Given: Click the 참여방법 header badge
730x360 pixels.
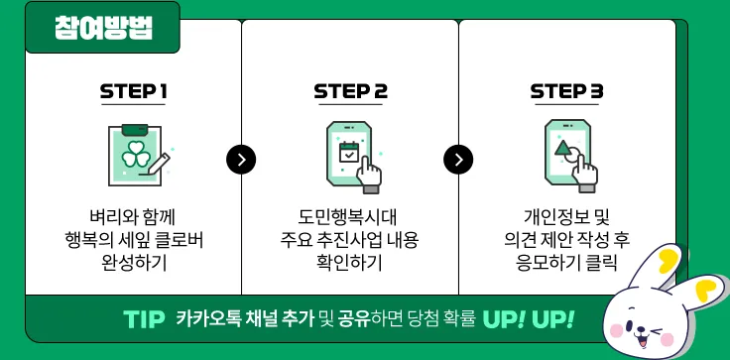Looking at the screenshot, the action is click(102, 28).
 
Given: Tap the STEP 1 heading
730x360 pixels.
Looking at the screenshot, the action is click(133, 92).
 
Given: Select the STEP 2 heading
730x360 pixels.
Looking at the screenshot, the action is click(350, 92).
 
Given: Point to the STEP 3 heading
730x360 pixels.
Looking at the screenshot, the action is click(566, 92).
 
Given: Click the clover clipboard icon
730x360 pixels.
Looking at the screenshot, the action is click(135, 155).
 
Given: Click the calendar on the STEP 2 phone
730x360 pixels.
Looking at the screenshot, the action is click(349, 153).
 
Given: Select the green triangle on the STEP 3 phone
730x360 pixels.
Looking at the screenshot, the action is click(563, 149).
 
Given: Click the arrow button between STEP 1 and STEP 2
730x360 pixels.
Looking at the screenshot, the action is click(241, 160).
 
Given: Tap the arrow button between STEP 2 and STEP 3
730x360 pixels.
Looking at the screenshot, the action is click(458, 160).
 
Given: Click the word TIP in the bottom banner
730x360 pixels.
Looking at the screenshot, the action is click(144, 319).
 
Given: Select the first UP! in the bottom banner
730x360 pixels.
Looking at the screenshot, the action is click(505, 319).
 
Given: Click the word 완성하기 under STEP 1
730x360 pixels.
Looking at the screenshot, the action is click(134, 263).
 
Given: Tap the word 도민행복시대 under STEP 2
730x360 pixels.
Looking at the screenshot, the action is click(349, 217).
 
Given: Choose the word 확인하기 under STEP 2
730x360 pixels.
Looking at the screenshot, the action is click(349, 263).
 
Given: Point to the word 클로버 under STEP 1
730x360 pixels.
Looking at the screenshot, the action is click(180, 240).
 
